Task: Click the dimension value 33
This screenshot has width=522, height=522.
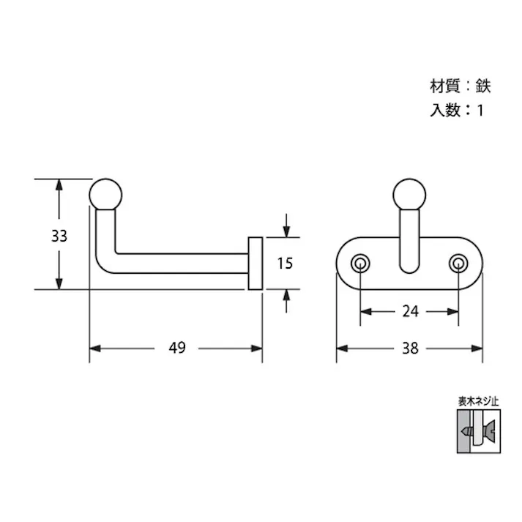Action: click(59, 236)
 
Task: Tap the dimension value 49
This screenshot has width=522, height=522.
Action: click(176, 348)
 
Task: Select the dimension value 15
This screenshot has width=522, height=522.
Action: click(285, 263)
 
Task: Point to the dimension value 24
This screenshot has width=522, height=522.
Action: click(410, 311)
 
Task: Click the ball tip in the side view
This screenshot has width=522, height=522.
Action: click(106, 193)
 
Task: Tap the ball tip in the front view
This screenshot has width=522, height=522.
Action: click(409, 193)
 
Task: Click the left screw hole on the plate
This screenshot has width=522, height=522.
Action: click(360, 264)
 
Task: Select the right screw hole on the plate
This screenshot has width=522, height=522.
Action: click(459, 264)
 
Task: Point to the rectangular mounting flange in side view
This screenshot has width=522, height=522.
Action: click(256, 263)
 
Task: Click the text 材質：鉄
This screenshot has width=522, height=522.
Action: click(459, 86)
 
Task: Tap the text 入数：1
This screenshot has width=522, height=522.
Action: click(457, 112)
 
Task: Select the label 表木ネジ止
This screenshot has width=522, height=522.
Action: click(477, 401)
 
